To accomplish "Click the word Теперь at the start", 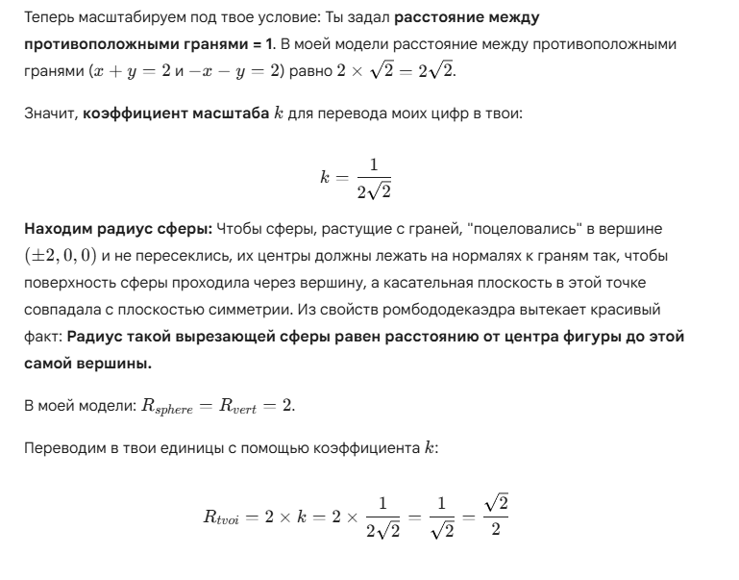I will [x=48, y=18].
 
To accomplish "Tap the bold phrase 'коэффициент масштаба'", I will [x=176, y=113].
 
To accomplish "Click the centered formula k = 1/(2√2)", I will [x=357, y=177].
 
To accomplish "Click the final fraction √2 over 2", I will [x=495, y=517].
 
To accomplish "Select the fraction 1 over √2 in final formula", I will [x=442, y=517].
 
